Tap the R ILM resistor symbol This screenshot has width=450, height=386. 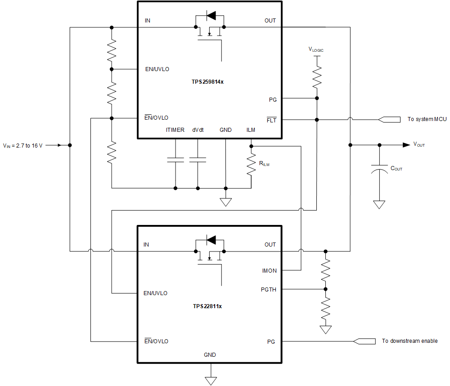251,165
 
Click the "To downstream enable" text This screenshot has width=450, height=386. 409,341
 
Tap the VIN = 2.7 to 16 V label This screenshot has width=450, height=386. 22,145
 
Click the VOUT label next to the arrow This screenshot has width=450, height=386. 419,145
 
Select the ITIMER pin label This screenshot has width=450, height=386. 175,130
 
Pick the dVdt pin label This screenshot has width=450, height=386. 198,130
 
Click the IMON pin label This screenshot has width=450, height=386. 269,270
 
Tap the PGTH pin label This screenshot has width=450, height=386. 268,289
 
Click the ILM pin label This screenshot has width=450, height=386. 251,130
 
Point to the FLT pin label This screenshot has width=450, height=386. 271,120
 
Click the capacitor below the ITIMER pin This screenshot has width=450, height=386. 175,159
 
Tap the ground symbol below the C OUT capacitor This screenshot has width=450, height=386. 379,205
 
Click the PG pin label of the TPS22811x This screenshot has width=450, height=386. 271,341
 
